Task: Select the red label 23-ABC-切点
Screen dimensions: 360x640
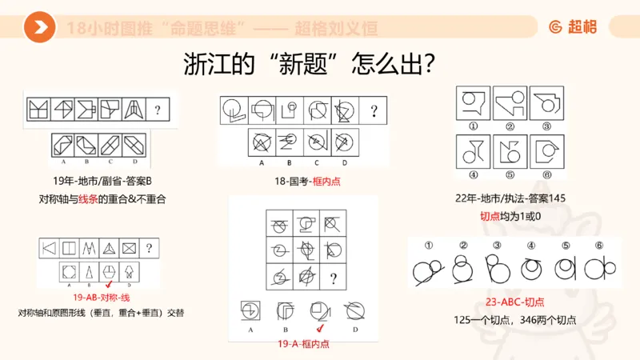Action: [x=514, y=303]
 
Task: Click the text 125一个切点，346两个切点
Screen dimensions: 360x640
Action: [x=514, y=321]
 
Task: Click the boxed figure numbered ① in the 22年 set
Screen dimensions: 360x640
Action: [x=474, y=103]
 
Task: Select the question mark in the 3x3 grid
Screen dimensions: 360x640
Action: [x=332, y=278]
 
